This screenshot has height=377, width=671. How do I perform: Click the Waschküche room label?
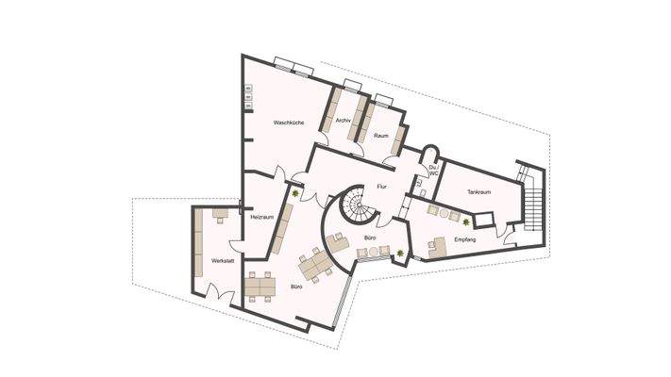[288, 123]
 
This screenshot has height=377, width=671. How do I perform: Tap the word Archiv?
[344, 120]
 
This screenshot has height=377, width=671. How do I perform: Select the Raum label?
[381, 136]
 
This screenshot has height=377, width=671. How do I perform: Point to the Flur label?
[382, 188]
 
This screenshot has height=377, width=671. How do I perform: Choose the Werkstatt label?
[223, 259]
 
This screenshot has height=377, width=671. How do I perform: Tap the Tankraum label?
[478, 191]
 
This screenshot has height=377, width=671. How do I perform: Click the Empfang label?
[465, 240]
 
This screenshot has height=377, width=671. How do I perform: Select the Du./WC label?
[433, 171]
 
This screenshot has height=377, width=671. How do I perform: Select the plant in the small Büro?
[401, 253]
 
